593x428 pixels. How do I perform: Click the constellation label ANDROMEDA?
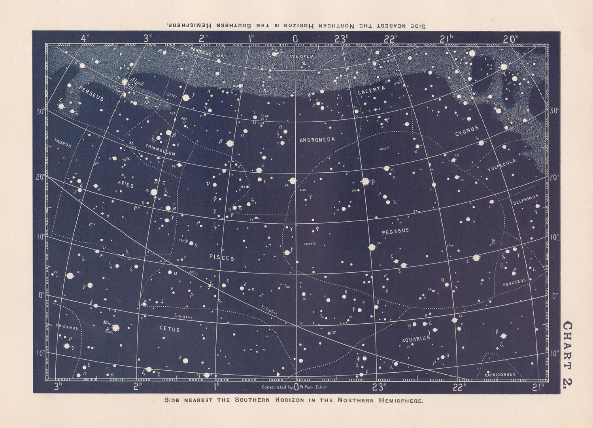point(317,140)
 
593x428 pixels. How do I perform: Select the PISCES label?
point(222,258)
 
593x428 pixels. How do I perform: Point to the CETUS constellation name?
point(169,329)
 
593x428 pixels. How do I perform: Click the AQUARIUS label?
point(416,339)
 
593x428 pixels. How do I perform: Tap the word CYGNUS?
point(467,131)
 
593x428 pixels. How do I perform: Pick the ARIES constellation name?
point(125,185)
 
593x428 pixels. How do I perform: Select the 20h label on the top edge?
point(510,39)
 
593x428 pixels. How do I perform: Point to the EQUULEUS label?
point(514,283)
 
